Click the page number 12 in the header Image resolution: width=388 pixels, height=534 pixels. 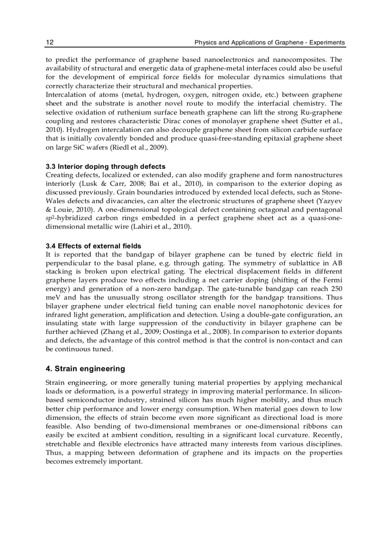click(49, 43)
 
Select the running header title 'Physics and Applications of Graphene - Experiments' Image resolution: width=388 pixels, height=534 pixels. click(270, 43)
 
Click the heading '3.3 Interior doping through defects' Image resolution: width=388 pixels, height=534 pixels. click(106, 166)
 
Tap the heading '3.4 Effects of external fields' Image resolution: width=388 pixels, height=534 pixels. click(93, 246)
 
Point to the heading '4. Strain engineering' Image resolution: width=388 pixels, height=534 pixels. click(85, 369)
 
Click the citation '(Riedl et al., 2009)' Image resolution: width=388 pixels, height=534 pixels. click(138, 147)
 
